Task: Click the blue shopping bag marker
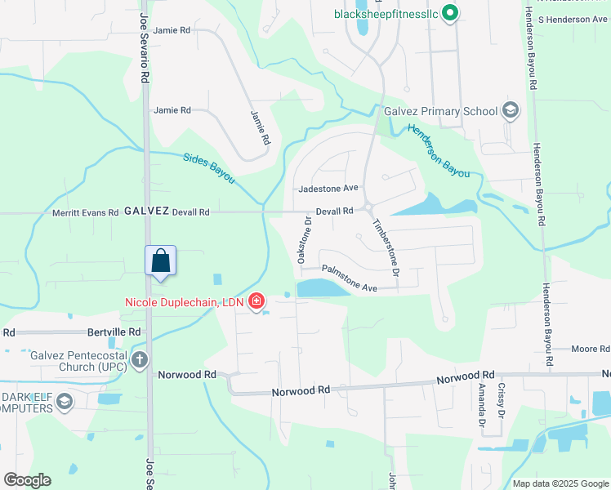160,261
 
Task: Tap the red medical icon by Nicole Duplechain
256,302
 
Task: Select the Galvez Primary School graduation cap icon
511,111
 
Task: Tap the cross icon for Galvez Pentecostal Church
140,359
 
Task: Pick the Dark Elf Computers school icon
65,402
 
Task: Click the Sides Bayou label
208,168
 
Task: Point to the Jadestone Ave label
328,188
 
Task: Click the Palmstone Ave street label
349,278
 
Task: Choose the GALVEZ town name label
146,211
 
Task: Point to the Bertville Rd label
114,332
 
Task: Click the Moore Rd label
586,349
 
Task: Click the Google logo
27,480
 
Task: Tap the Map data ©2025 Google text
560,483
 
